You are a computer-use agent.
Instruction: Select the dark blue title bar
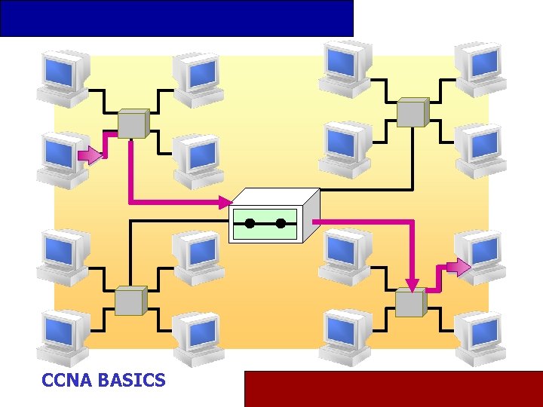(x=176, y=18)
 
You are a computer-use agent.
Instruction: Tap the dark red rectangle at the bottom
(x=393, y=388)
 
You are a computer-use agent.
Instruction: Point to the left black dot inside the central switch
(x=249, y=224)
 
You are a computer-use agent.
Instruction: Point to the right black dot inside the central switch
(x=281, y=224)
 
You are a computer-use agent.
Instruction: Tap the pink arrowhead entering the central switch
(x=225, y=202)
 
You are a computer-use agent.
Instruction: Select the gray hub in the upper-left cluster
(x=133, y=123)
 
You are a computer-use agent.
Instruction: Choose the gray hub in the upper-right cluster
(x=413, y=112)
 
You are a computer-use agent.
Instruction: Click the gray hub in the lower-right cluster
(x=411, y=302)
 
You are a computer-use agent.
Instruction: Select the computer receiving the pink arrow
(x=481, y=256)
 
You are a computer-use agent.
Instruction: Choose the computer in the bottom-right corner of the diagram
(x=480, y=337)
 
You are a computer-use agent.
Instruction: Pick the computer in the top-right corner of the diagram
(x=480, y=68)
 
